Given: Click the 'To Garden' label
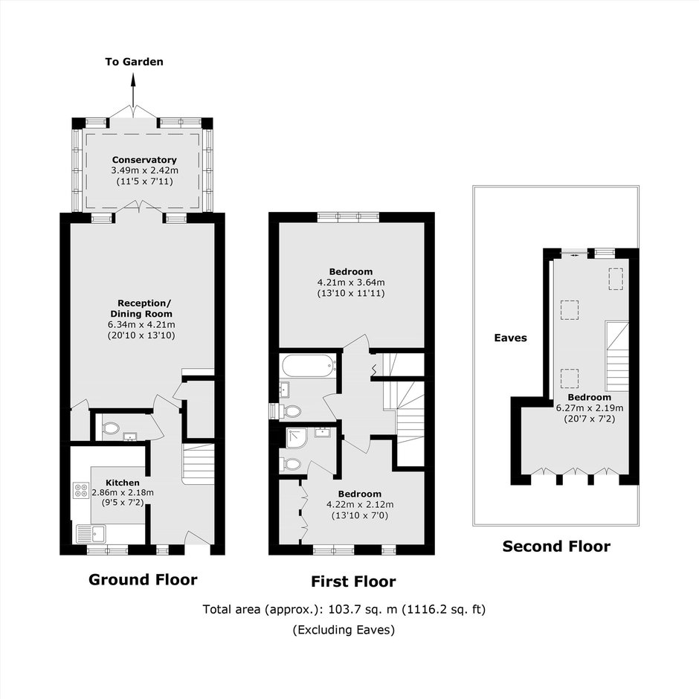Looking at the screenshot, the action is point(134,62).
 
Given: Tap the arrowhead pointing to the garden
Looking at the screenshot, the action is point(133,79).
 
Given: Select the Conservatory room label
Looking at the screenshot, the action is point(144,160).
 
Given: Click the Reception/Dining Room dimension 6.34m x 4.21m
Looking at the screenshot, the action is point(141,324).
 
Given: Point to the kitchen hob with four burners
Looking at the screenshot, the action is point(81,490).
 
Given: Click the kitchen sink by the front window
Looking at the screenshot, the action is point(91,533).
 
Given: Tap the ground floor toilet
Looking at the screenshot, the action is point(110,429).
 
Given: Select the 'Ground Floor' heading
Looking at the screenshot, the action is point(143,579).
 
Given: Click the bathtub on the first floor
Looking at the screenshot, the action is point(309,366).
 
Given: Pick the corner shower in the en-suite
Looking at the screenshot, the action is point(297,439).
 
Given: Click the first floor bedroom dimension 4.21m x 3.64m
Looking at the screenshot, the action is point(351,282).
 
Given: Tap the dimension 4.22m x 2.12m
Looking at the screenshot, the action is point(360,505).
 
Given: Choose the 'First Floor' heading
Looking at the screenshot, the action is point(353,582).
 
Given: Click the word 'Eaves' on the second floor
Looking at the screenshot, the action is point(510,338).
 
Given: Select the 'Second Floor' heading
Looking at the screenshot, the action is point(556,546).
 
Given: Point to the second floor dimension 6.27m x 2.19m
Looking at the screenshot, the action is point(590,408).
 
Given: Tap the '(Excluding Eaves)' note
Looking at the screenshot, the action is point(344,629).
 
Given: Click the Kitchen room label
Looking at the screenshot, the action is point(123,483).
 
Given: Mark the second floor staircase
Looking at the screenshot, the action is point(617,357).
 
